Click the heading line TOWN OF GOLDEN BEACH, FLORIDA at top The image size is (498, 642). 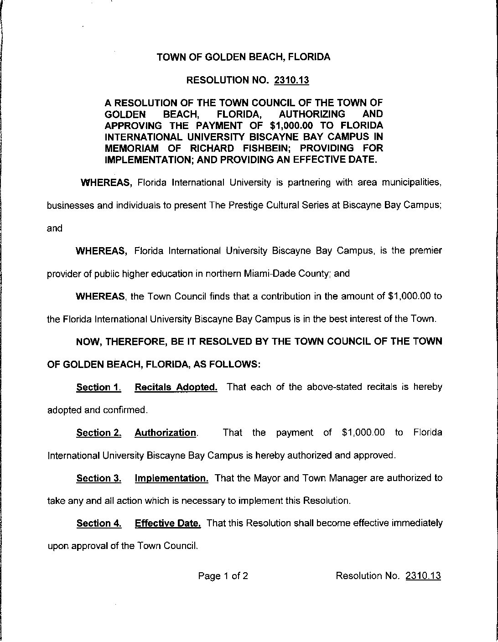pos(244,57)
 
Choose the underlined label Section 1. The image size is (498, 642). pos(99,388)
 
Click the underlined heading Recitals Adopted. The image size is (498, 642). pos(176,388)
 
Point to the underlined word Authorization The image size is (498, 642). pos(166,433)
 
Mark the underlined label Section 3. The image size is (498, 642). pos(99,478)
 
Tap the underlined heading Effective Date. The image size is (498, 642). pos(168,523)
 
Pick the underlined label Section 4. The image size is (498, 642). pos(99,523)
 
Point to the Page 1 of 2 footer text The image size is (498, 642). pos(223,576)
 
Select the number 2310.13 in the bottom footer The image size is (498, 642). pos(423,576)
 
